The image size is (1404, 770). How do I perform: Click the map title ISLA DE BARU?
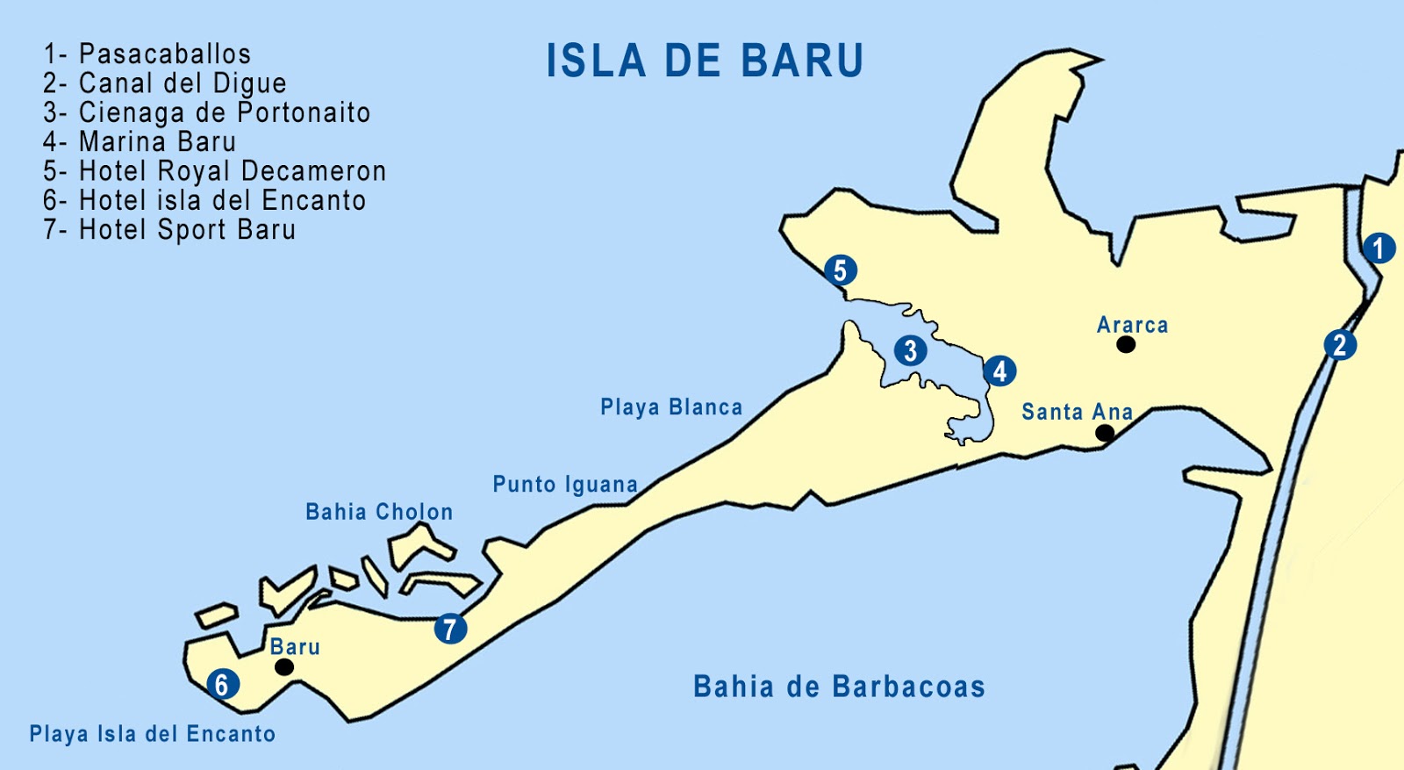point(706,61)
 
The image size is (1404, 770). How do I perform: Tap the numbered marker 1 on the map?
point(1379,248)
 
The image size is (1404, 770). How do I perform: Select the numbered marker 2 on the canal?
point(1340,344)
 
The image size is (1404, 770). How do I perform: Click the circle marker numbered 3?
point(911,351)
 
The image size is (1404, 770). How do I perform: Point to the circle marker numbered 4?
point(999,371)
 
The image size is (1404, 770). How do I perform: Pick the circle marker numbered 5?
point(840,270)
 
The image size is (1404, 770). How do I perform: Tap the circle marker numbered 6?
point(222,684)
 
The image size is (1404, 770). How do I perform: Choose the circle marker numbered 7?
point(450,629)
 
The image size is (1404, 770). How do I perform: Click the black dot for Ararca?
point(1126,345)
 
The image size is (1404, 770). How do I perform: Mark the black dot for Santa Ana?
point(1106,433)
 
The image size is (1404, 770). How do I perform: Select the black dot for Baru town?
point(284,667)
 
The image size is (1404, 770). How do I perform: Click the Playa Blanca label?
point(671,407)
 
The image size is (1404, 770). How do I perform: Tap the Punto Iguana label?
point(565,485)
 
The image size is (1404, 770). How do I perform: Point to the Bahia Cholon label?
point(379,512)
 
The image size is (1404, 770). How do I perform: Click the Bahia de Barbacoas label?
point(839,687)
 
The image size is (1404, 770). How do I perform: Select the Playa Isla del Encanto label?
point(153,734)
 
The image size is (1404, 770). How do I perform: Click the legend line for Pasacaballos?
point(147,54)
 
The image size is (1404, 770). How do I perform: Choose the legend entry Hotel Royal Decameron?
point(215,171)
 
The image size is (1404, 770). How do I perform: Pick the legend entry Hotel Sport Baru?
point(169,230)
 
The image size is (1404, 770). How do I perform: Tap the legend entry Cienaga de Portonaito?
point(207,113)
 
